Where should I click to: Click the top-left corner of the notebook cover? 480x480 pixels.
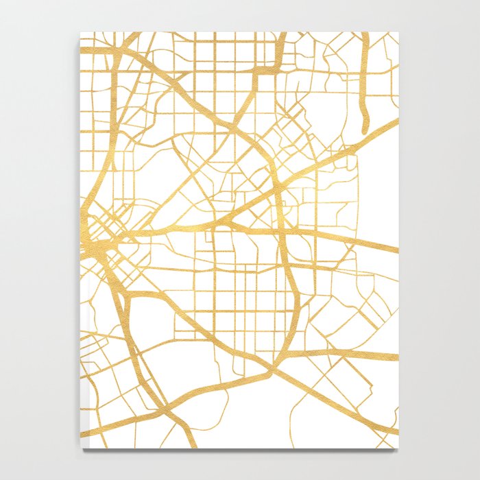[81, 32]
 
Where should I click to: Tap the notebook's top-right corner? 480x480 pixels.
[398, 32]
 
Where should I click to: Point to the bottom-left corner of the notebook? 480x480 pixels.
[81, 448]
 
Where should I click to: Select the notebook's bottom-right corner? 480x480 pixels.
[398, 448]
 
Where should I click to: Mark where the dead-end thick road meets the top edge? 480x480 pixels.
[364, 33]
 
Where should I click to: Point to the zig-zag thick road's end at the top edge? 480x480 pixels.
[283, 33]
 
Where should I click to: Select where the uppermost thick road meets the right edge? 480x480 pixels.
[397, 121]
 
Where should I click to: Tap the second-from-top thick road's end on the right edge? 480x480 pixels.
[397, 250]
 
